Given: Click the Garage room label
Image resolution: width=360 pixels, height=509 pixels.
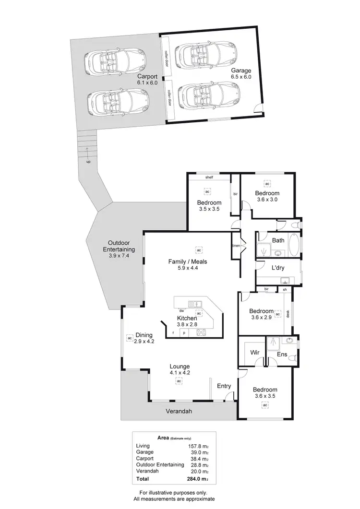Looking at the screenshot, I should pyautogui.click(x=240, y=71).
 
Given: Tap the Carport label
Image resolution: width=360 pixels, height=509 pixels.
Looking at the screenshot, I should pyautogui.click(x=147, y=76).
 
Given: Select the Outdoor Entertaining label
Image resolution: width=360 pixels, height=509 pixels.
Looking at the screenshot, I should pyautogui.click(x=119, y=249).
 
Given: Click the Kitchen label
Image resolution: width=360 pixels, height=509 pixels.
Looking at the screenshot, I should pyautogui.click(x=187, y=318).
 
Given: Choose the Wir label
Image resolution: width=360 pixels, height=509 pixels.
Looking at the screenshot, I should pyautogui.click(x=255, y=352).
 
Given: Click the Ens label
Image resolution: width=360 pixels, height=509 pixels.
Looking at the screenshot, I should pyautogui.click(x=282, y=355).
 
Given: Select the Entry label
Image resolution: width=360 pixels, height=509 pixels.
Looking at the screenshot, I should pyautogui.click(x=224, y=386).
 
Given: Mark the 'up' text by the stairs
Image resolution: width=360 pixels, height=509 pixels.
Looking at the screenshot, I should pyautogui.click(x=88, y=162).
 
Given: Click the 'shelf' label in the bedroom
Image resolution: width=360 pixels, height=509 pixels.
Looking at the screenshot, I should pyautogui.click(x=209, y=178).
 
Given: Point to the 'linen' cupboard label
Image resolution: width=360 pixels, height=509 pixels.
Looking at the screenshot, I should pyautogui.click(x=236, y=246).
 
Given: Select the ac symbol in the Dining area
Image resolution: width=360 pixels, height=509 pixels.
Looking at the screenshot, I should pyautogui.click(x=130, y=338).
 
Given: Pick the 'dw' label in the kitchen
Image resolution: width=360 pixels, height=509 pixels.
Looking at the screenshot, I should pyautogui.click(x=182, y=310).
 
